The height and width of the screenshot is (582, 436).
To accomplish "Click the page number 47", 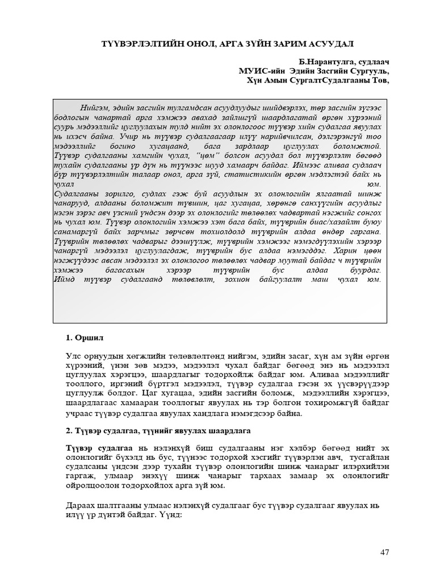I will coord(384,552).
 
